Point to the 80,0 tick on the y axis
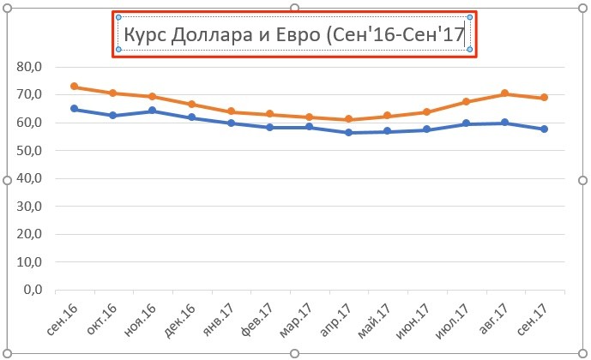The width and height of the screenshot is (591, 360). click(40, 67)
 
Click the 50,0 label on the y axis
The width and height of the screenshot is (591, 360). click(40, 151)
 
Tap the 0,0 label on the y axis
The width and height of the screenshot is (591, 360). click(44, 291)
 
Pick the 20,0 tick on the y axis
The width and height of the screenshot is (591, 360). click(40, 235)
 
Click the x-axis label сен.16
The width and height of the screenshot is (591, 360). click(63, 321)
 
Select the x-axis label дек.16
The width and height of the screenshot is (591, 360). click(182, 321)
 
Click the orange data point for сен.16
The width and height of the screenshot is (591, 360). click(75, 87)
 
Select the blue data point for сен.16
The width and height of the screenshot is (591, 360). click(75, 109)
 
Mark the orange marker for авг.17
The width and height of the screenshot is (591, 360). click(505, 93)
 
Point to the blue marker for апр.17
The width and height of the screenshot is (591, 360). click(348, 133)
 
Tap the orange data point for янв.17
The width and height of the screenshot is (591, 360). click(232, 111)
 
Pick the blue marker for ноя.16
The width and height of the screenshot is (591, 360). click(153, 111)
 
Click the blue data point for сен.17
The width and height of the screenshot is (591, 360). click(544, 129)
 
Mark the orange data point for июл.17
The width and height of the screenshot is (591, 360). click(466, 102)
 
